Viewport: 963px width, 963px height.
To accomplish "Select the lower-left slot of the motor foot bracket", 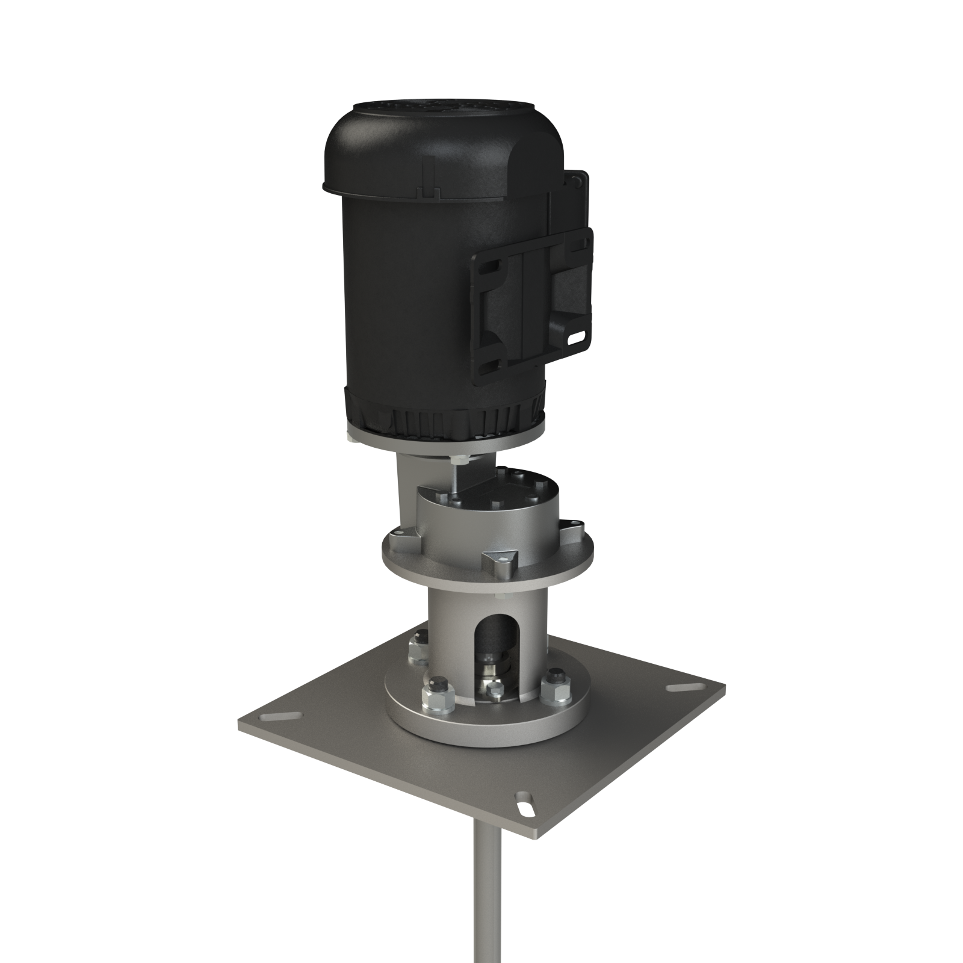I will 489,365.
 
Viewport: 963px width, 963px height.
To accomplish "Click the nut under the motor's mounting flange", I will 459,459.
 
